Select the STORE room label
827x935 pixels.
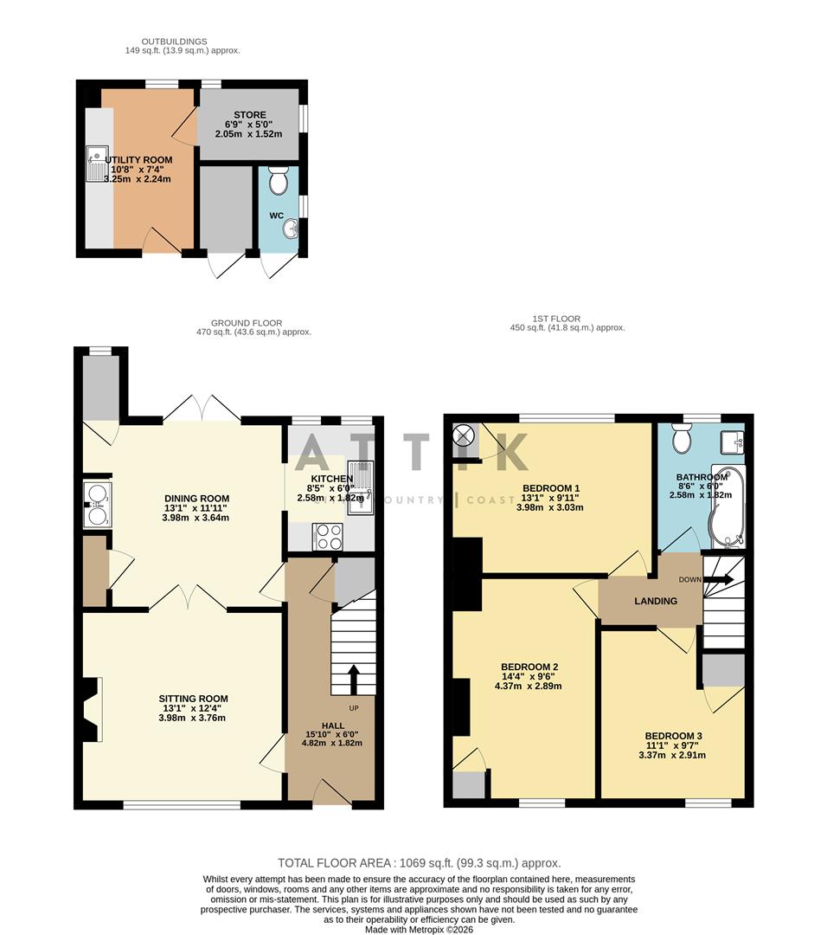point(249,115)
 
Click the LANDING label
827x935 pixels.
point(656,601)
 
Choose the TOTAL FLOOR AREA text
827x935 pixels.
point(419,863)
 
